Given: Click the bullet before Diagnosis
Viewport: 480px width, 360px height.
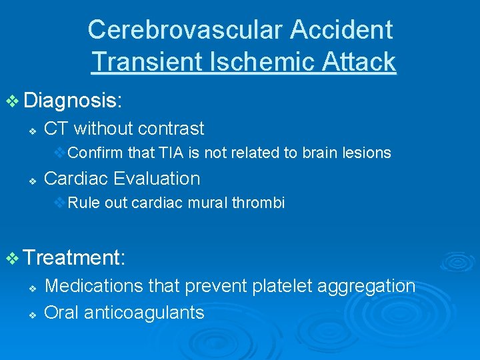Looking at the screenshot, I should coord(13,101).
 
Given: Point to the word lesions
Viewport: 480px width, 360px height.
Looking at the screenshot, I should coord(367,153).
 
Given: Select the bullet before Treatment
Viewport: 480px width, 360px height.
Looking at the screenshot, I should coord(13,259).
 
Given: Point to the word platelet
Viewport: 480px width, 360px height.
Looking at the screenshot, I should coord(283,286).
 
